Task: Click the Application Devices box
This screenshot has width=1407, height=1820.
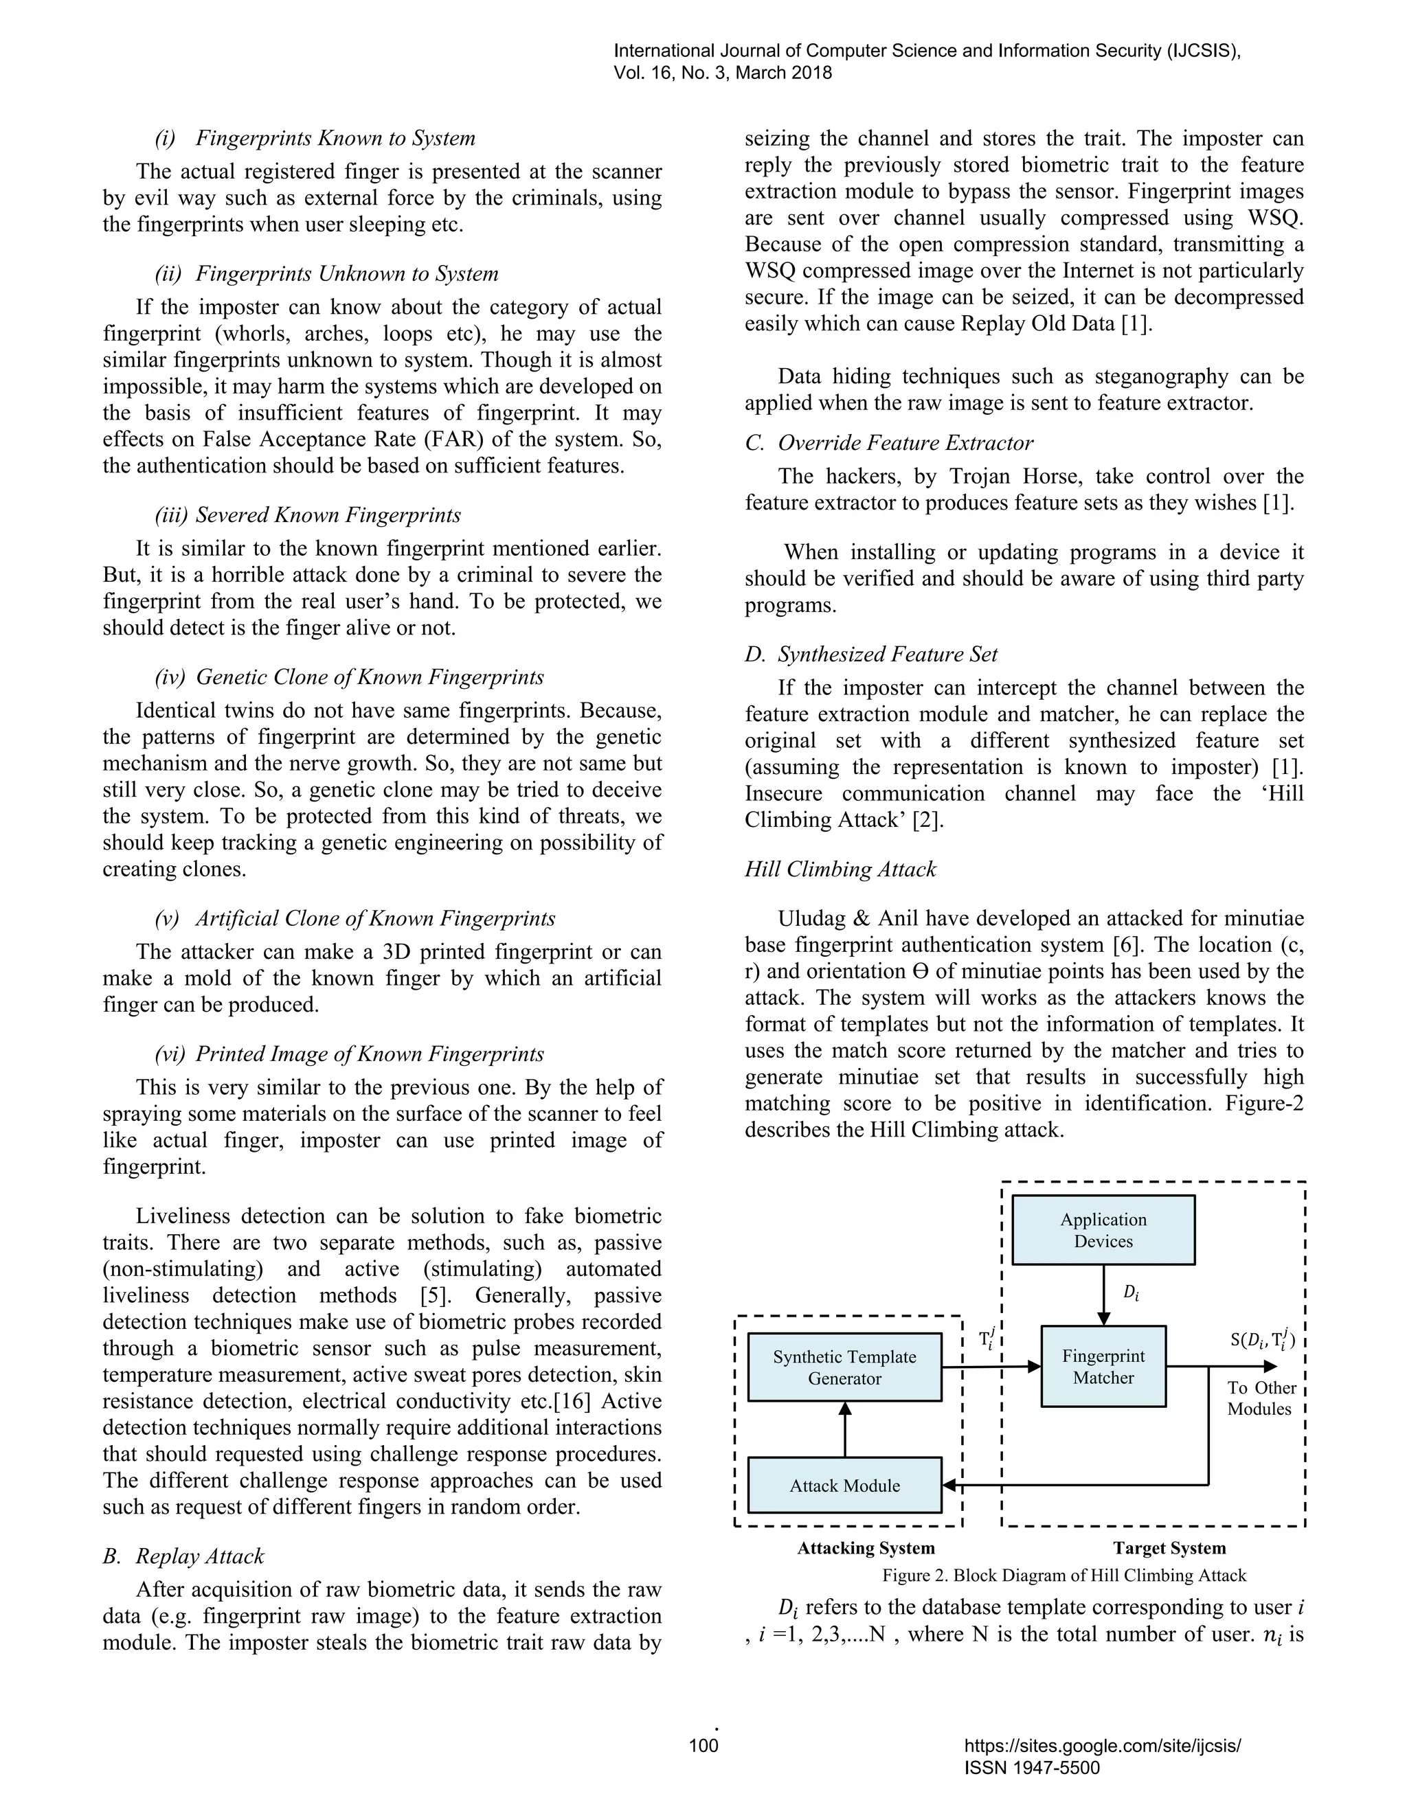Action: click(x=1103, y=1230)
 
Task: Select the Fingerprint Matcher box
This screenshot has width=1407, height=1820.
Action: click(x=1103, y=1367)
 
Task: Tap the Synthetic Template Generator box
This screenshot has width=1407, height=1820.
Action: click(x=844, y=1367)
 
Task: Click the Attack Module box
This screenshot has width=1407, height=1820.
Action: click(x=844, y=1485)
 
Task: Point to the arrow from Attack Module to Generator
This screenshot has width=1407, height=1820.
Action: click(x=844, y=1429)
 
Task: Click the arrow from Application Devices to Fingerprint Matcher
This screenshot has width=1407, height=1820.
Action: click(x=1103, y=1294)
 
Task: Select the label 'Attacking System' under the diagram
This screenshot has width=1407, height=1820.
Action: click(x=866, y=1548)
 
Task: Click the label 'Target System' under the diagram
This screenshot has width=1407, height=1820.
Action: click(x=1169, y=1548)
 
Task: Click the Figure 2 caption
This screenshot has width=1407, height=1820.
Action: click(x=1063, y=1575)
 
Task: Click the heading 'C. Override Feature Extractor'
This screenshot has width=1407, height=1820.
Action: click(x=888, y=444)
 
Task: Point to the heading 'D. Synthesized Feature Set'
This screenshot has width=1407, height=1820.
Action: click(x=871, y=654)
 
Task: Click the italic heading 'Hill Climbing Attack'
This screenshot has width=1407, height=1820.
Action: click(x=840, y=869)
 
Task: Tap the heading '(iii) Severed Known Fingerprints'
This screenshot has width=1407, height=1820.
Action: click(x=308, y=515)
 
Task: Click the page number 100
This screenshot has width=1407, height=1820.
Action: click(x=703, y=1768)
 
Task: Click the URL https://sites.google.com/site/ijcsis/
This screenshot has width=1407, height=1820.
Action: click(x=1102, y=1768)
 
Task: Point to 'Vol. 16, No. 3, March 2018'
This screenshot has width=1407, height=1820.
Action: click(x=723, y=73)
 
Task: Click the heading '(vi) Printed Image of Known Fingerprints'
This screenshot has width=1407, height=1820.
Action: click(x=349, y=1054)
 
